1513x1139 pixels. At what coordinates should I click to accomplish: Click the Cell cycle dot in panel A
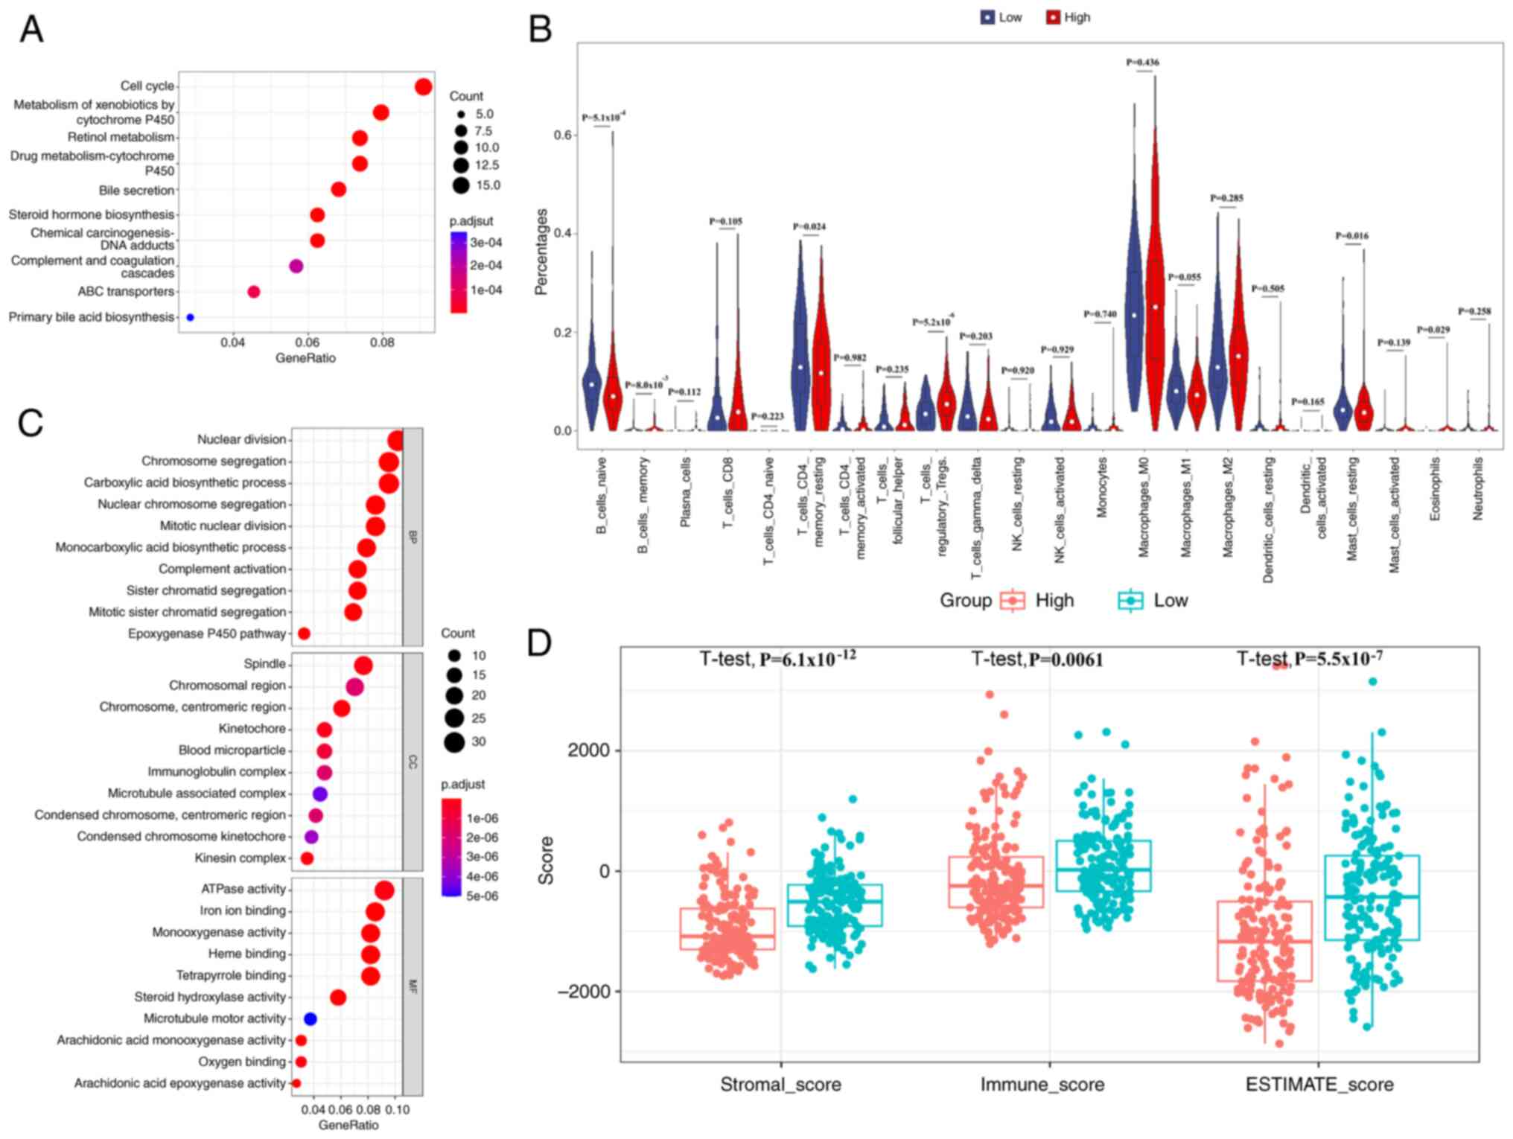point(423,87)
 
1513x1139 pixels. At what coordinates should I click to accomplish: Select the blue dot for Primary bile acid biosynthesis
point(190,318)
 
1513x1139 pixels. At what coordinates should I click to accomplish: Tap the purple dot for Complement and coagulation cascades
point(296,266)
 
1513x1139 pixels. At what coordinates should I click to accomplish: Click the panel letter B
point(540,30)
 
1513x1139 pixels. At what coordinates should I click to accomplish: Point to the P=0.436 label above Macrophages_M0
point(1142,63)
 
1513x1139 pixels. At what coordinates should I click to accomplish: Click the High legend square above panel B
point(1053,17)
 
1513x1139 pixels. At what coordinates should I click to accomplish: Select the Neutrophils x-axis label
point(1478,488)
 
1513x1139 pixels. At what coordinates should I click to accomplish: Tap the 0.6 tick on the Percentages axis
point(563,135)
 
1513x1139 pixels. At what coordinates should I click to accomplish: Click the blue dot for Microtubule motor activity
point(310,1018)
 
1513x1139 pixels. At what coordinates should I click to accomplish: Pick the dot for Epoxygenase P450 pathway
point(303,634)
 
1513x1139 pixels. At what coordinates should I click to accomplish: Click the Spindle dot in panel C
point(363,665)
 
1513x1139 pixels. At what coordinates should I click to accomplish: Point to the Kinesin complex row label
point(240,858)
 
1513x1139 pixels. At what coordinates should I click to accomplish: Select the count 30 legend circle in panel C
point(454,742)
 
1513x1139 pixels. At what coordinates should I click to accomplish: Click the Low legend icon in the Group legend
point(1130,601)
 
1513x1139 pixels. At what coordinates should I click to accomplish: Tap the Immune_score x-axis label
point(1042,1085)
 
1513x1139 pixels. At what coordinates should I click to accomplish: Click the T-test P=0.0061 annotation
point(1037,660)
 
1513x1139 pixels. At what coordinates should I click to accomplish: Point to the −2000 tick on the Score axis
point(585,992)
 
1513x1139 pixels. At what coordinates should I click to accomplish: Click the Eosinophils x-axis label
point(1436,488)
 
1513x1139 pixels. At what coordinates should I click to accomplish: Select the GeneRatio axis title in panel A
point(305,358)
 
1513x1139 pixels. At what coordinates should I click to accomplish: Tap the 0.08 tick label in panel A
point(382,342)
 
